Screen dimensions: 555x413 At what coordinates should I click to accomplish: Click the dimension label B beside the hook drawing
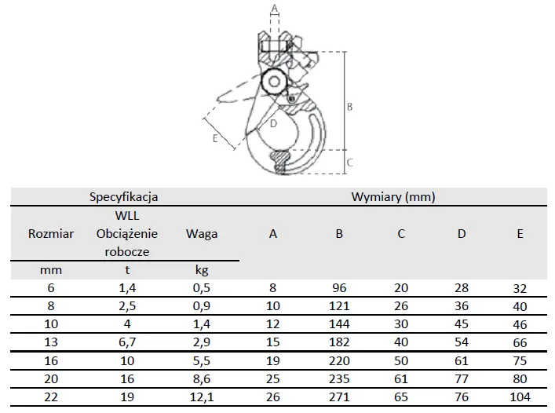pyautogui.click(x=349, y=107)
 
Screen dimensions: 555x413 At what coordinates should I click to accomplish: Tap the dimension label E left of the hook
pyautogui.click(x=215, y=138)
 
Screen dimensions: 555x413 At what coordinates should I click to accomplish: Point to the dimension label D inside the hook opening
pyautogui.click(x=273, y=123)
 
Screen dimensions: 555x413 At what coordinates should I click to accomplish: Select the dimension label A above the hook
pyautogui.click(x=275, y=8)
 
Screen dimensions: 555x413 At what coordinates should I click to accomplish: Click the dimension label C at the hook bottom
pyautogui.click(x=349, y=163)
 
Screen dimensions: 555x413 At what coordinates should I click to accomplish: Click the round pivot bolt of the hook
pyautogui.click(x=274, y=82)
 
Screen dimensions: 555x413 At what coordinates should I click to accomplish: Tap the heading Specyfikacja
pyautogui.click(x=123, y=197)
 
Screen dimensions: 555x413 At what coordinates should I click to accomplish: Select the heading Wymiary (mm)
pyautogui.click(x=393, y=197)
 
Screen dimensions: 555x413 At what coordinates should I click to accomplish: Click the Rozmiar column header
pyautogui.click(x=51, y=233)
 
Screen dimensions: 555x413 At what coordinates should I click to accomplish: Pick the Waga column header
pyautogui.click(x=202, y=234)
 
